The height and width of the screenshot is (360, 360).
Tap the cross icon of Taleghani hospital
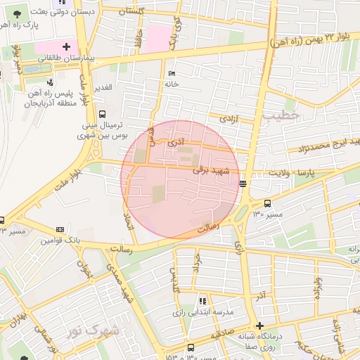coord(65,47)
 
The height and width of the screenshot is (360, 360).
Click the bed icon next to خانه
coord(171,73)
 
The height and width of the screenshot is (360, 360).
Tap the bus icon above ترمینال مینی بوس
coord(103,113)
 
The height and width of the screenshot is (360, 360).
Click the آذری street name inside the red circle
coord(179,142)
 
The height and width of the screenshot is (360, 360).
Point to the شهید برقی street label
coord(208,169)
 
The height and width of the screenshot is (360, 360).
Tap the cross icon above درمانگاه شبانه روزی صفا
coord(259,326)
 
